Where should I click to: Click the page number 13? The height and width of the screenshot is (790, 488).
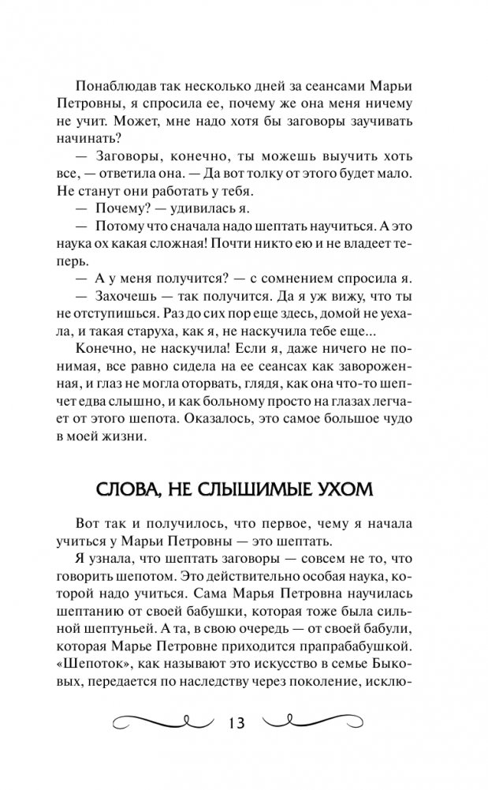click(236, 724)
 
